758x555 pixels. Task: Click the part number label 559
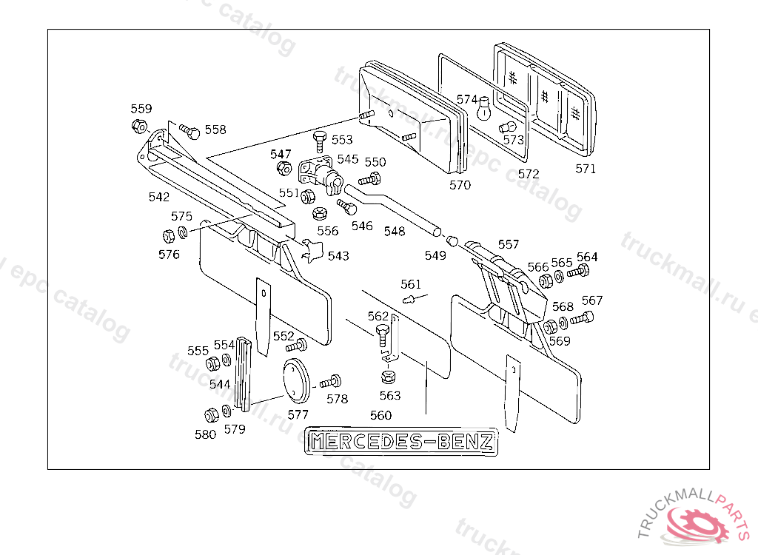[x=141, y=109]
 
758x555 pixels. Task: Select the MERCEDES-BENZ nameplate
[x=402, y=442]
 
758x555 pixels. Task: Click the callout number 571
[x=586, y=169]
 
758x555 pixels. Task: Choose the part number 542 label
[x=158, y=197]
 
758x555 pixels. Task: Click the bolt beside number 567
[x=584, y=319]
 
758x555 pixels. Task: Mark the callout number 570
[x=460, y=185]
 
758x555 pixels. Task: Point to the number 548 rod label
[x=395, y=232]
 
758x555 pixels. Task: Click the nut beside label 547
[x=282, y=169]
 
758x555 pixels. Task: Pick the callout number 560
[x=380, y=415]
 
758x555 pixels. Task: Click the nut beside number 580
[x=209, y=415]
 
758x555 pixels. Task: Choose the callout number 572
[x=529, y=174]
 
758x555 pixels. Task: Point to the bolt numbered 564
[x=578, y=273]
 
